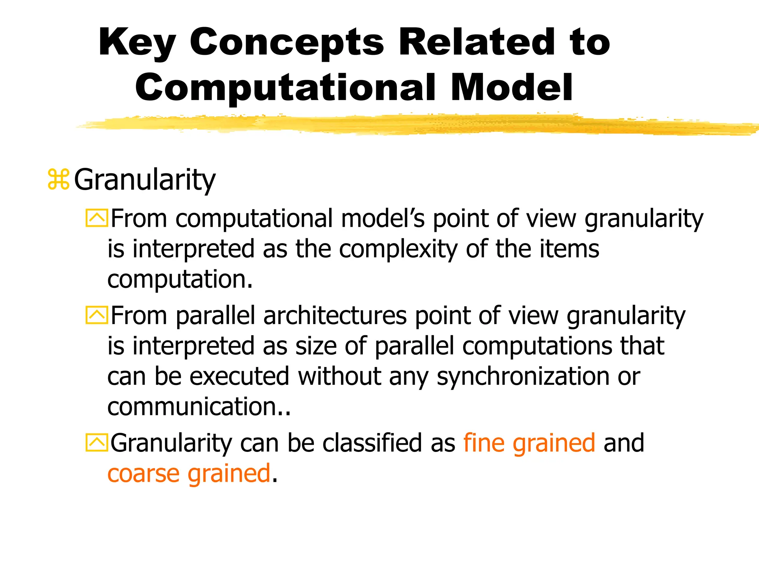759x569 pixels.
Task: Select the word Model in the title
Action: [x=512, y=88]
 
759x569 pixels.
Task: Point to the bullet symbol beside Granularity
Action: [x=59, y=180]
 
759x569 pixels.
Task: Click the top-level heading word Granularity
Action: [x=145, y=180]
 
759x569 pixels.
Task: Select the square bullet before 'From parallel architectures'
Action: [x=97, y=315]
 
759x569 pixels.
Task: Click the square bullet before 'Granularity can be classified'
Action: [x=97, y=443]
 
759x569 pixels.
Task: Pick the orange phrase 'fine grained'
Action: [x=529, y=443]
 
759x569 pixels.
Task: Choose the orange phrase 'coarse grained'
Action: [x=189, y=473]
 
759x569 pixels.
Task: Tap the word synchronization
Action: [x=523, y=377]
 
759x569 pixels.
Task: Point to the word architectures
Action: [x=335, y=316]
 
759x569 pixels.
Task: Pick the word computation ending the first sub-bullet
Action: [x=177, y=279]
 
